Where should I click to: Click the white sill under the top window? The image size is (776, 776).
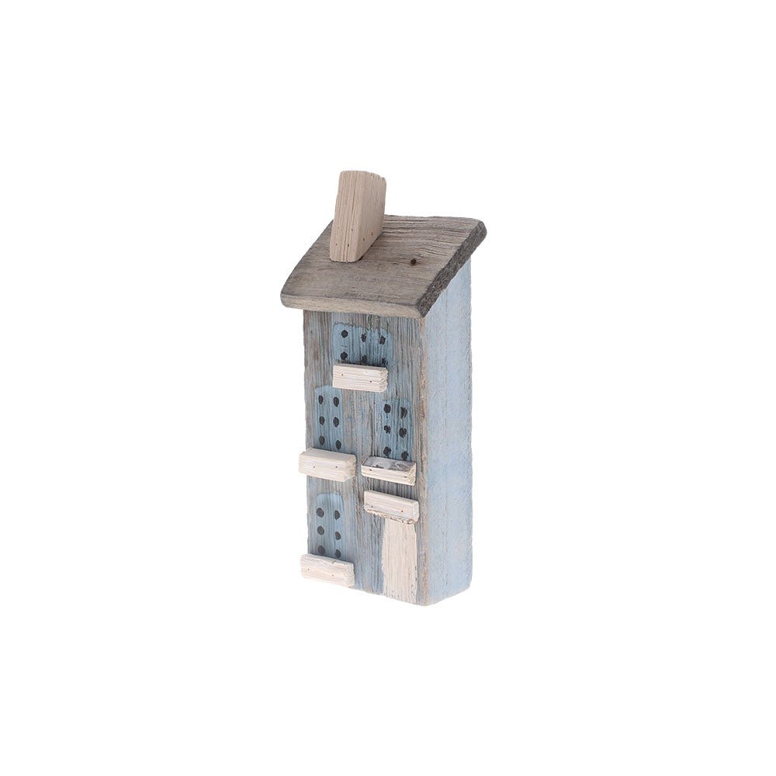click(360, 378)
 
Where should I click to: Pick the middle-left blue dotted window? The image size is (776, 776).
click(331, 419)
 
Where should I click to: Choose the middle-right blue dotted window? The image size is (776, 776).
click(393, 431)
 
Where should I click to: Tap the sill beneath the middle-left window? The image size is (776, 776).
click(327, 464)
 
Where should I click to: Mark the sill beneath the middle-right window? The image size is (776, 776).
click(388, 469)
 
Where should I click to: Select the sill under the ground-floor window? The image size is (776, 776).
click(327, 570)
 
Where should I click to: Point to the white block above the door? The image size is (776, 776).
click(391, 505)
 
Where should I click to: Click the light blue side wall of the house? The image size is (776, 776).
click(448, 435)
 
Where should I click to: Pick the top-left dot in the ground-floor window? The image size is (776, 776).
click(320, 513)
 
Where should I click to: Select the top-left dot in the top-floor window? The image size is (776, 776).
click(344, 334)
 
